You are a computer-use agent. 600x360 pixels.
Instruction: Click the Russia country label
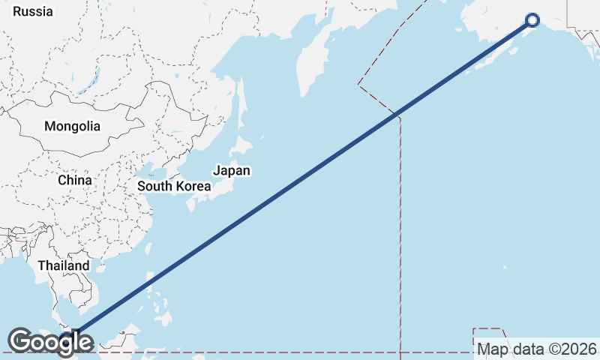34,11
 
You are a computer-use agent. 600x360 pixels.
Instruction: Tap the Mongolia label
72,126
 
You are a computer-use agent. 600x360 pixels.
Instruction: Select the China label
75,180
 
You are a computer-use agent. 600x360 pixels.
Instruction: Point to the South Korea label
174,186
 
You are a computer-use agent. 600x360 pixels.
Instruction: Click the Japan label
232,170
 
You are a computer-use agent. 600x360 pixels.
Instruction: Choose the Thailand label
64,265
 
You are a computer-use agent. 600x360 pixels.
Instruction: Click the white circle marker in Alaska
532,21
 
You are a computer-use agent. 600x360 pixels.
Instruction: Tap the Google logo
50,342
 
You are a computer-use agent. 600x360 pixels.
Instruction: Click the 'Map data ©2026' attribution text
537,349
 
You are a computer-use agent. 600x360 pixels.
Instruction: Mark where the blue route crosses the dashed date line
397,115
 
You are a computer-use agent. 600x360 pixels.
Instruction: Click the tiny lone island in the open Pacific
504,266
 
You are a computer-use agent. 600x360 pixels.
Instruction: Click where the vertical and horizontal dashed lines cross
400,351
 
